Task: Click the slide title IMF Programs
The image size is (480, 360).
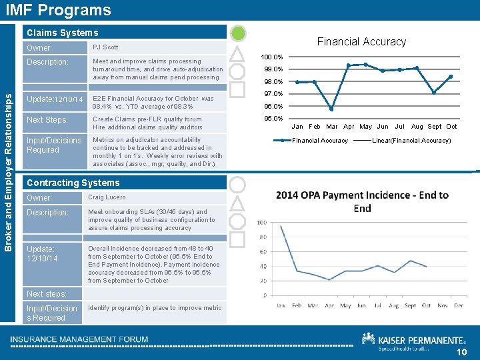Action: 58,10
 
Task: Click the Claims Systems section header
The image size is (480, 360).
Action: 61,33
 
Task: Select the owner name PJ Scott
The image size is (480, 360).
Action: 105,47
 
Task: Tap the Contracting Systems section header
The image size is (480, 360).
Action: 73,183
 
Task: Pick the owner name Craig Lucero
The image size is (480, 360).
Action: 106,197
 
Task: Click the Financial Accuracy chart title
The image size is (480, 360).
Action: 361,41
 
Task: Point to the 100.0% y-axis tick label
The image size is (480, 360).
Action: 272,57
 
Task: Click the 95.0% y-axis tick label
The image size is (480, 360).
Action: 273,119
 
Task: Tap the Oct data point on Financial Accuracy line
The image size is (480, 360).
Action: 451,77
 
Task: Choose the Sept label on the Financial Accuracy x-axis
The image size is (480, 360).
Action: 435,127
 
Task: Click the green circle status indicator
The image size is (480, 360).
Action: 238,34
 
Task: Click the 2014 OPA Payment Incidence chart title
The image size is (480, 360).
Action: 362,201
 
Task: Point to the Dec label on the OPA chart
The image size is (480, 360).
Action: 458,306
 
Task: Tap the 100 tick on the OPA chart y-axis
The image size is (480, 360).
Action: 262,222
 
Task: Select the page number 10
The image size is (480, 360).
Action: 462,353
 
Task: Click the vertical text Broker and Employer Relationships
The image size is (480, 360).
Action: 9,161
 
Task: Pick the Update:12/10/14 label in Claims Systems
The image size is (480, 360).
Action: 55,100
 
